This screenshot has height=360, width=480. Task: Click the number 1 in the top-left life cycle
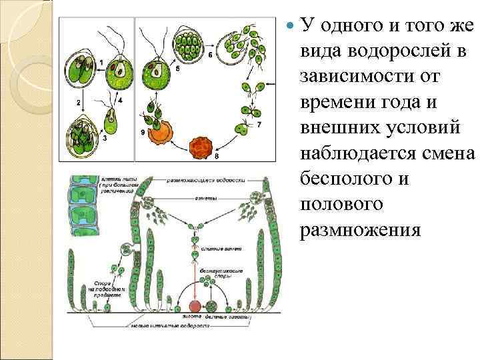pyautogui.click(x=100, y=63)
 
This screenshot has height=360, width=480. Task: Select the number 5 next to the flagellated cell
pyautogui.click(x=178, y=68)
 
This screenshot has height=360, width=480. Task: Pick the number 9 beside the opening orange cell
pyautogui.click(x=142, y=133)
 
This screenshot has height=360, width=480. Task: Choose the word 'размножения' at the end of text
pyautogui.click(x=361, y=230)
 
